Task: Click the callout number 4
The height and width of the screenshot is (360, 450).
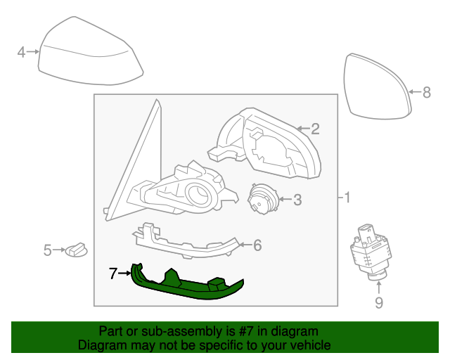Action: point(21,52)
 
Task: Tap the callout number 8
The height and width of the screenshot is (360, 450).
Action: point(427,92)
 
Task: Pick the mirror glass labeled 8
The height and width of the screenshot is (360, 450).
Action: point(378,86)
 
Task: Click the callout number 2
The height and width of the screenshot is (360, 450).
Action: point(315,129)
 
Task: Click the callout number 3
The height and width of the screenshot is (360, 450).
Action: point(297,200)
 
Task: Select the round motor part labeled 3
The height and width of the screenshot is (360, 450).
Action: point(262,199)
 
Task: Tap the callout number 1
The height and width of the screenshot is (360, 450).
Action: point(347,198)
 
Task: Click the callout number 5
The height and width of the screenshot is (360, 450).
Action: point(47,250)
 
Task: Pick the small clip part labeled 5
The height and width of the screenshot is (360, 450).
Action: point(77,250)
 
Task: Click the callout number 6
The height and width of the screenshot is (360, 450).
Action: point(257,245)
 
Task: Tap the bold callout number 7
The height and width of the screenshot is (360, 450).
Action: point(113,274)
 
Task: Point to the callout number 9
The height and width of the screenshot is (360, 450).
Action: point(379,302)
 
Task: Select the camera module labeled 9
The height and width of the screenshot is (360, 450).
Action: point(371,252)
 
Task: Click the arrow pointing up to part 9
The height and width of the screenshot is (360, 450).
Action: point(379,288)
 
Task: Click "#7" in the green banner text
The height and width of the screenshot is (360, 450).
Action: point(245,331)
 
